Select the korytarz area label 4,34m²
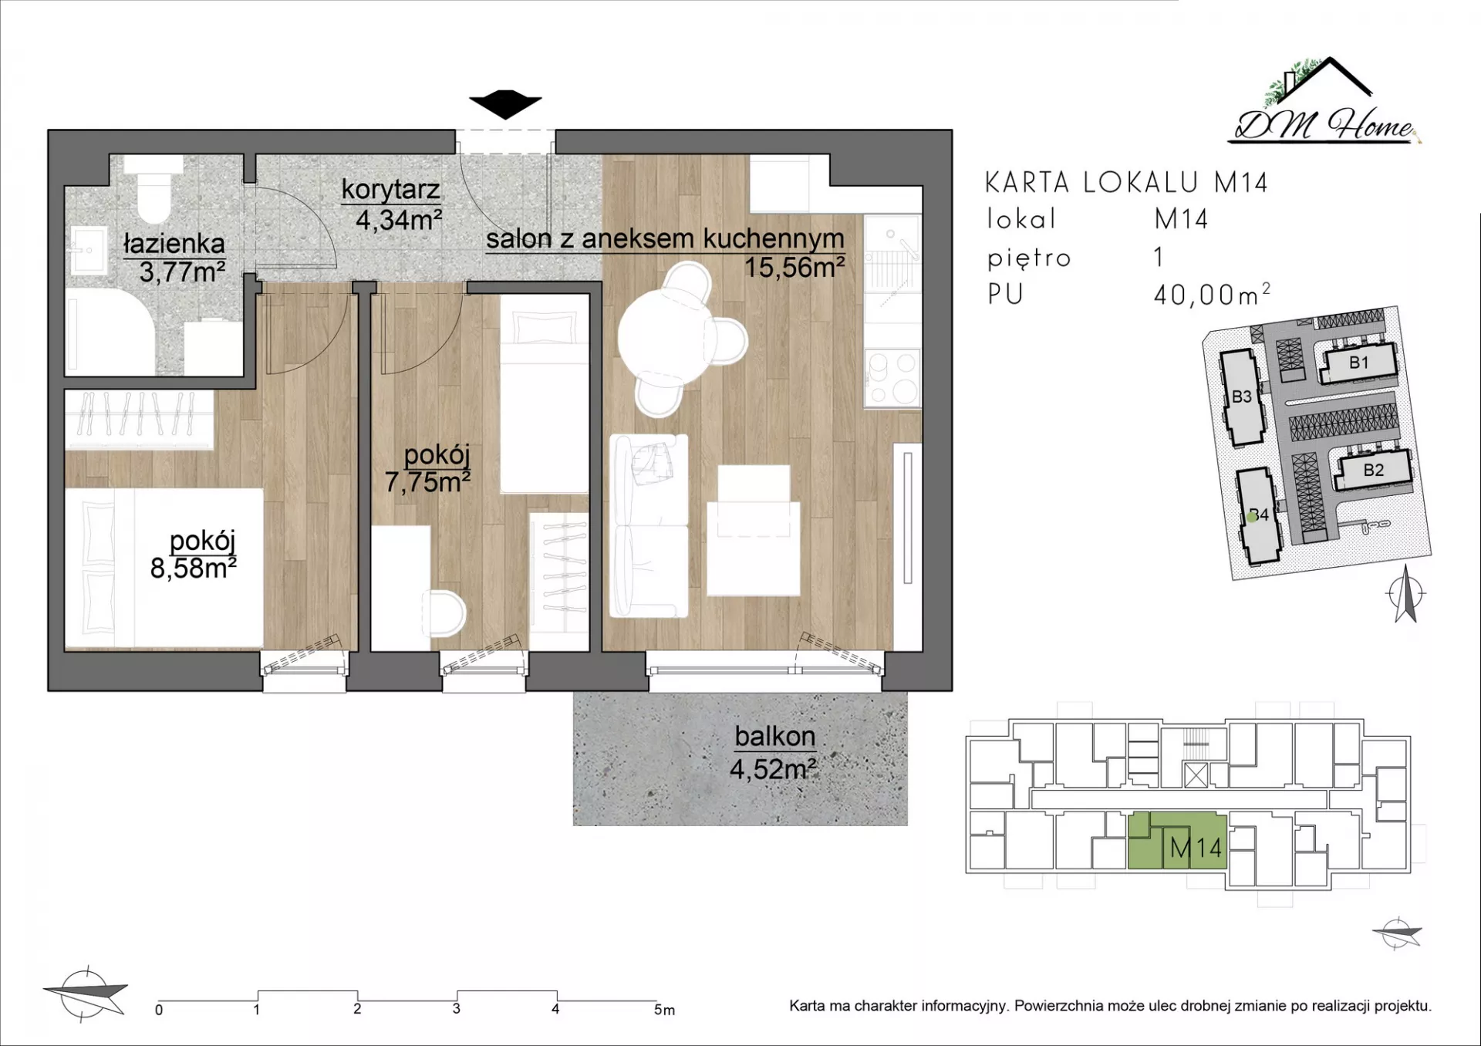coord(399,220)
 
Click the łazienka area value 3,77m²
coord(182,272)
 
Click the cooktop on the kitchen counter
coord(892,378)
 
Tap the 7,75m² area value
coord(427,482)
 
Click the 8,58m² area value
coord(193,568)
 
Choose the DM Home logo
coord(1324,101)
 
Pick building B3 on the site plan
coord(1242,396)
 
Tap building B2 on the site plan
coord(1374,469)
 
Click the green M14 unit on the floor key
coord(1177,841)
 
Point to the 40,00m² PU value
coord(1212,294)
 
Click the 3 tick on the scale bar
coord(457,1000)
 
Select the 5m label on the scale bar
coord(664,1010)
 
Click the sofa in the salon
coord(649,526)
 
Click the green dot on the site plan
coord(1253,518)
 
